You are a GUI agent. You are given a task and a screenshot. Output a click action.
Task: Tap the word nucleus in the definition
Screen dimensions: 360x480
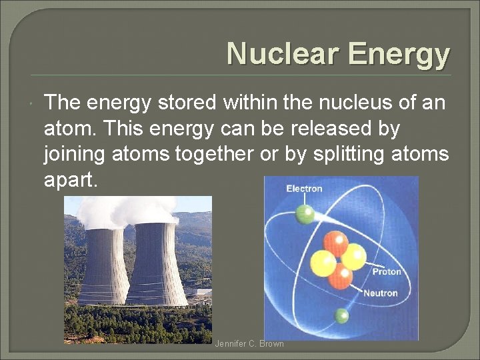(350, 103)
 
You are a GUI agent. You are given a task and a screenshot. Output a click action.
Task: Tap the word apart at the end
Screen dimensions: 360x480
(71, 179)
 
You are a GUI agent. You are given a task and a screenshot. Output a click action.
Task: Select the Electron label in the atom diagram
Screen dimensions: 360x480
(304, 189)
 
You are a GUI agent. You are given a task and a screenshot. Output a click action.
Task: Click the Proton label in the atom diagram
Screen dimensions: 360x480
(387, 271)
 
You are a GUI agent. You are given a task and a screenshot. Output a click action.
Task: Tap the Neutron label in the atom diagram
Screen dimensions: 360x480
(381, 293)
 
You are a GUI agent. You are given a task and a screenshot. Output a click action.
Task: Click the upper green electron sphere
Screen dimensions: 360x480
(305, 214)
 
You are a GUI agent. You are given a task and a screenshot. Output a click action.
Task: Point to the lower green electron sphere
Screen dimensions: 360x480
(341, 315)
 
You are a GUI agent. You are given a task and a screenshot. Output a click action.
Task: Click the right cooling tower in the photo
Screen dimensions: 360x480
(156, 263)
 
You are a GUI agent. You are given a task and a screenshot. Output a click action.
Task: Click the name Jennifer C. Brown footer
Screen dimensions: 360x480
(249, 344)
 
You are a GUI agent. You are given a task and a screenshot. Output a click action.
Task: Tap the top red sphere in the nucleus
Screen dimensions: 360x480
(335, 243)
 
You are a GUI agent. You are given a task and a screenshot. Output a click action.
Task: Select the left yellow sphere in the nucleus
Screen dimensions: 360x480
(323, 263)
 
